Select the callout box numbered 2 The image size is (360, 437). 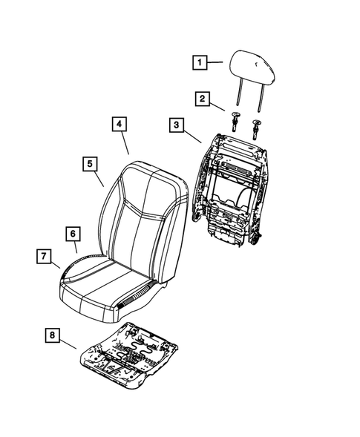point(201,98)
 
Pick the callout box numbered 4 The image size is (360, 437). point(119,124)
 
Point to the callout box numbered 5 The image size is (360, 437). point(88,163)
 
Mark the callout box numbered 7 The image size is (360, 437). point(43,257)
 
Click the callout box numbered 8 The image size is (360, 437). point(51,336)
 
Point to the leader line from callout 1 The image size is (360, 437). point(215,64)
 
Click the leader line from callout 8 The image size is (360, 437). point(68,342)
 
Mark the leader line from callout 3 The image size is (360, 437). point(192,134)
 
